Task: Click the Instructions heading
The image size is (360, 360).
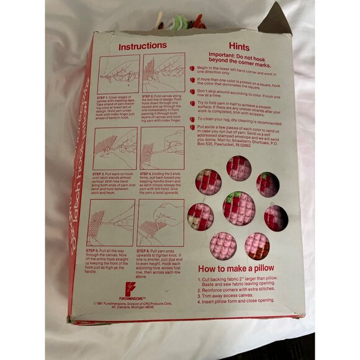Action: (142, 45)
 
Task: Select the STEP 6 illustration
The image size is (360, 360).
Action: (161, 222)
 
